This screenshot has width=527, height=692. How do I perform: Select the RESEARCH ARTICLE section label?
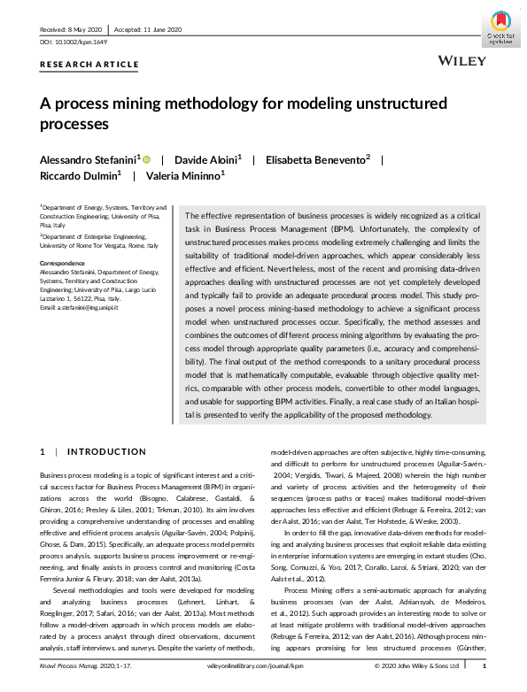point(89,65)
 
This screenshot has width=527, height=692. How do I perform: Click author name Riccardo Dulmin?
point(73,175)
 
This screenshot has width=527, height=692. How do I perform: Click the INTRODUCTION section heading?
point(106,452)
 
